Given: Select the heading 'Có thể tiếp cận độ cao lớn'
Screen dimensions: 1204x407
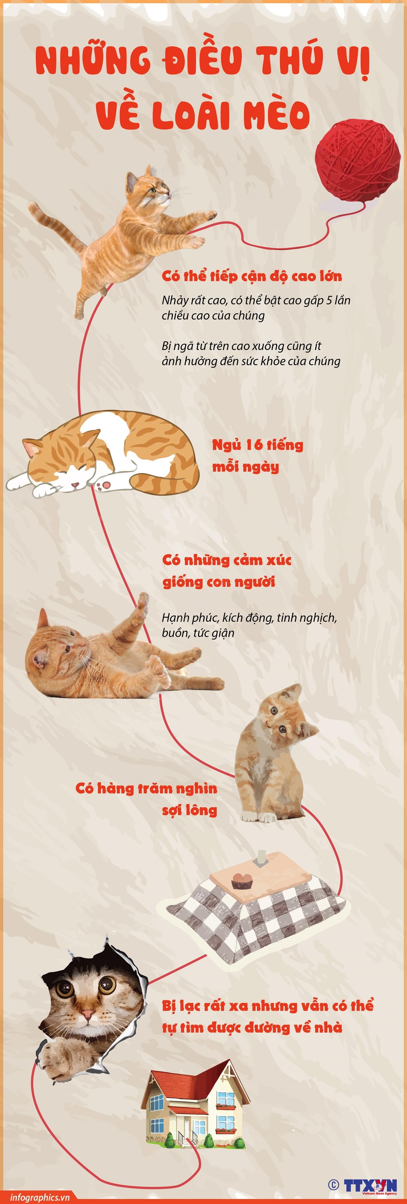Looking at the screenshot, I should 252,276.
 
